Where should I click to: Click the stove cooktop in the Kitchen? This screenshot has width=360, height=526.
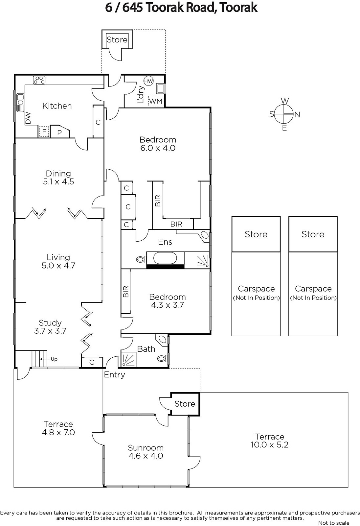[x=39, y=80]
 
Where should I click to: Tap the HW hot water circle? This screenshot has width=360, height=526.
[x=148, y=81]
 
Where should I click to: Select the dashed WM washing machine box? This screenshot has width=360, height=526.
[x=156, y=101]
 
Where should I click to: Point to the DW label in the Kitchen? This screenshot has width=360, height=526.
[x=28, y=118]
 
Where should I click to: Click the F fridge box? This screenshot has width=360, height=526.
[x=44, y=132]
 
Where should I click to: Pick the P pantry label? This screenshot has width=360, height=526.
[x=59, y=133]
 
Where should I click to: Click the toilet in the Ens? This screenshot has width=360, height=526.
[x=141, y=259]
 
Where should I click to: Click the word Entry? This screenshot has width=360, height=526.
[x=114, y=375]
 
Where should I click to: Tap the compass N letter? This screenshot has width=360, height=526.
[x=297, y=115]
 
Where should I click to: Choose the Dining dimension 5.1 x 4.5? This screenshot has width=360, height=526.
[x=58, y=181]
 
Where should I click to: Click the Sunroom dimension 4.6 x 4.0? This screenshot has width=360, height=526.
[x=146, y=456]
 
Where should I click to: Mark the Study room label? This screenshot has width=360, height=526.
[x=50, y=323]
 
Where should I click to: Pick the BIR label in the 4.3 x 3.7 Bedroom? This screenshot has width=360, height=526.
[x=126, y=291]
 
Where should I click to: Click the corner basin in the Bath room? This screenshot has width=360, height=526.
[x=162, y=340]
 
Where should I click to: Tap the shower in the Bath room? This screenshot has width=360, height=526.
[x=128, y=359]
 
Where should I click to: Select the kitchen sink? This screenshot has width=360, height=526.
[x=20, y=102]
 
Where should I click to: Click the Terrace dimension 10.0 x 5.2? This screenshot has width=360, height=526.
[x=270, y=444]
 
